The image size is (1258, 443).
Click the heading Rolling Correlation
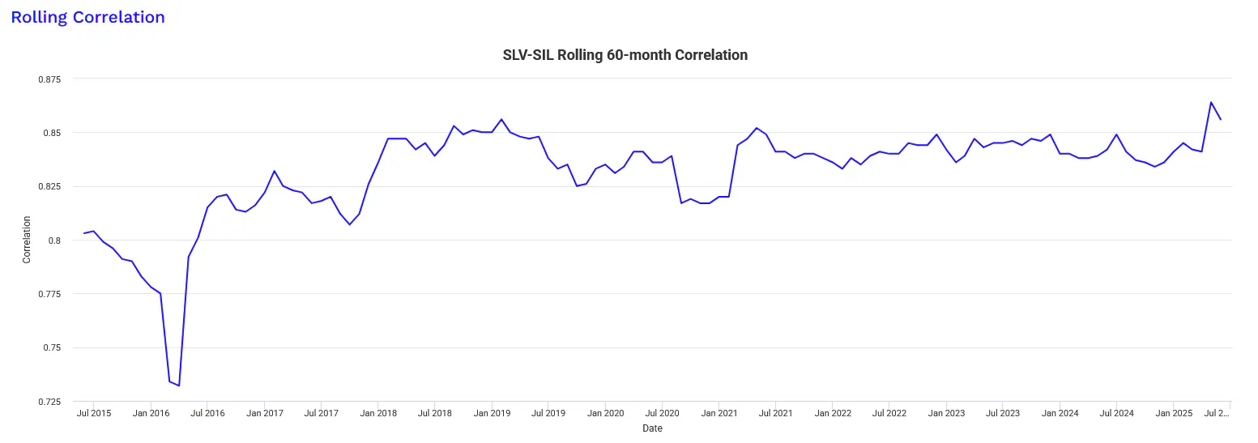87,17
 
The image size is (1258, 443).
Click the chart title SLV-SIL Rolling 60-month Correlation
625,55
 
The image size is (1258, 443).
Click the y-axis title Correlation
27,240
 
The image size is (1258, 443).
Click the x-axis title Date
652,428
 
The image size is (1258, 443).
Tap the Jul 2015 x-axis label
94,414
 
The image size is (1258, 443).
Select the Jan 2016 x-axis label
151,414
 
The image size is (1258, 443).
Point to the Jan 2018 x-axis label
378,414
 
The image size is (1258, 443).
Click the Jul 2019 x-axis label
548,414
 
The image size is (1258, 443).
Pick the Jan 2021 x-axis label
719,414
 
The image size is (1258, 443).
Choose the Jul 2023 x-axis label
1003,414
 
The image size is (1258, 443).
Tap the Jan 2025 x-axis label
1174,414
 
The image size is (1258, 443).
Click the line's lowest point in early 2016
179,385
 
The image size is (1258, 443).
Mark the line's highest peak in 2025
1211,102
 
